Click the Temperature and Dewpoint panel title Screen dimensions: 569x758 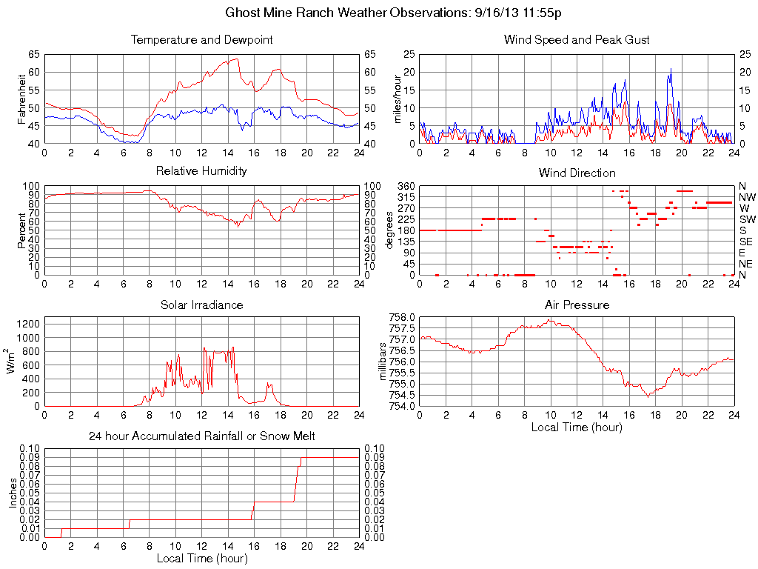click(x=201, y=40)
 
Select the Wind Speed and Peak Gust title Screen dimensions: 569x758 click(x=577, y=40)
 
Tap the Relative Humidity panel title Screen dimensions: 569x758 click(x=201, y=171)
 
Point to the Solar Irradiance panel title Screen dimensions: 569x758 click(x=201, y=305)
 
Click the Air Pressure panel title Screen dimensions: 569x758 click(x=577, y=305)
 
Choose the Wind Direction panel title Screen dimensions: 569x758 click(x=577, y=173)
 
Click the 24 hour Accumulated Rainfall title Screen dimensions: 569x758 click(x=201, y=436)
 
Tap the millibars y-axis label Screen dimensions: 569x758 click(x=383, y=361)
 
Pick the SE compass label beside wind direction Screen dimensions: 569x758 click(x=745, y=242)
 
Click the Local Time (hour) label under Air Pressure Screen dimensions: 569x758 click(x=577, y=427)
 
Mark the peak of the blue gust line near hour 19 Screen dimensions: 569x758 click(x=671, y=69)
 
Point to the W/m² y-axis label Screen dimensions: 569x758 click(x=12, y=361)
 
